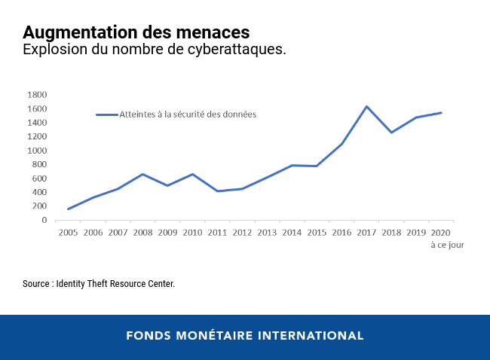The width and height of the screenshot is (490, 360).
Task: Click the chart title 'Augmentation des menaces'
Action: point(136,33)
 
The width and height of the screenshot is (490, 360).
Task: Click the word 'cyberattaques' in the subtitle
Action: point(243,50)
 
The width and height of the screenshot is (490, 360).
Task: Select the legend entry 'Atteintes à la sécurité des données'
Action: point(188,114)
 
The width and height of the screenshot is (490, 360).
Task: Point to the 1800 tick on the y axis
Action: point(36,95)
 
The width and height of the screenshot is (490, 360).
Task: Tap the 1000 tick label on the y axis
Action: point(36,151)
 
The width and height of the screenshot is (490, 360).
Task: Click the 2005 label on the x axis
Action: point(69,233)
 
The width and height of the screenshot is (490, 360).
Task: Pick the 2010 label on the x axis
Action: point(192,233)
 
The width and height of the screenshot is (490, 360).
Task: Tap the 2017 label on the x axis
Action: point(366,233)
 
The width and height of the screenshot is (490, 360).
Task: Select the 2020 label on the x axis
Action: point(441,233)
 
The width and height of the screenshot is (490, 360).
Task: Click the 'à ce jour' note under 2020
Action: point(447,245)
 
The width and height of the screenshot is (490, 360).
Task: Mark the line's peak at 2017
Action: point(366,106)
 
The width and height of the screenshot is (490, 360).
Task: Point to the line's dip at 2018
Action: point(391,133)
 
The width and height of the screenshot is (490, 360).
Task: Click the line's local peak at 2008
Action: point(142,174)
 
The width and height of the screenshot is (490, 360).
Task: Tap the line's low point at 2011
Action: point(217,191)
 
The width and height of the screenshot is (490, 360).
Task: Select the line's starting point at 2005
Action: point(69,209)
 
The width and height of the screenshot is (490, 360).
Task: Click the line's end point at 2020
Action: point(441,113)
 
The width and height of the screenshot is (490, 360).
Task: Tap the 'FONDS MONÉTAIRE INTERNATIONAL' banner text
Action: point(245,335)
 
